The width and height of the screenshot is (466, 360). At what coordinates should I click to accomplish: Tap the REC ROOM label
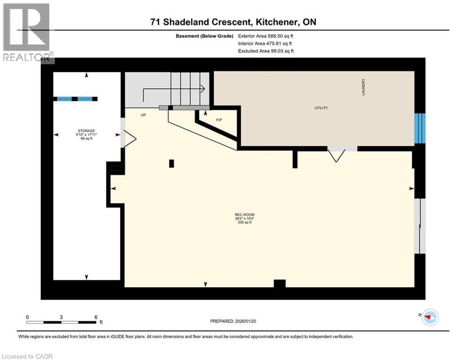[x=241, y=216]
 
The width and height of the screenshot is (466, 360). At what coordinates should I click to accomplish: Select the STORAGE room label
[x=86, y=131]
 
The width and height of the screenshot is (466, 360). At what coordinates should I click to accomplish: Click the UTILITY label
[x=321, y=108]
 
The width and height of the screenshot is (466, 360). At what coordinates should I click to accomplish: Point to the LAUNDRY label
[x=363, y=87]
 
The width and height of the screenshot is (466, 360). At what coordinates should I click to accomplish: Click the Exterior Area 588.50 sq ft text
[x=266, y=36]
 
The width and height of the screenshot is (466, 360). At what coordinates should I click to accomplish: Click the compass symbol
[x=429, y=318]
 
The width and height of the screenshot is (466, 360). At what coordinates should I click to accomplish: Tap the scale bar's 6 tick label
[x=96, y=317]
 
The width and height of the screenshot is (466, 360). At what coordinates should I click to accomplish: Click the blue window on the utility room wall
[x=420, y=128]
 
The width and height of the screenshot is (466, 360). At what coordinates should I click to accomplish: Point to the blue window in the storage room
[x=75, y=98]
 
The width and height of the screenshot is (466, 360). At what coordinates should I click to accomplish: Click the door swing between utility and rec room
[x=336, y=154]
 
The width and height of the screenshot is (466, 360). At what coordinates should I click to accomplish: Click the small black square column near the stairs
[x=171, y=163]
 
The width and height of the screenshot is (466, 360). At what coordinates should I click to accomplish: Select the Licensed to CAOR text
[x=28, y=356]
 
